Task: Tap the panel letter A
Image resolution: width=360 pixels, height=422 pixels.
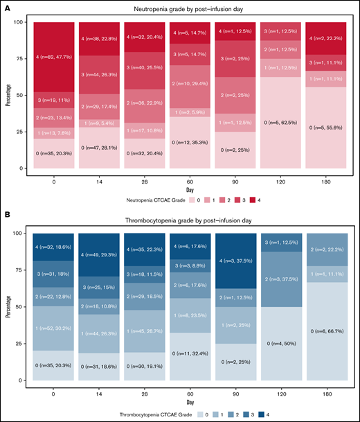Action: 6,7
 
